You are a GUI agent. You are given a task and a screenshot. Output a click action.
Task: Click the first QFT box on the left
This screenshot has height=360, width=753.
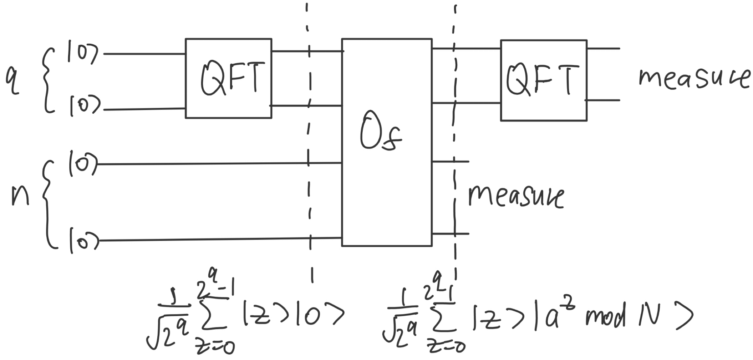(x=229, y=78)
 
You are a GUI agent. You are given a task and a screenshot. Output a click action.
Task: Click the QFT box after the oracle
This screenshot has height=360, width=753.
(x=544, y=81)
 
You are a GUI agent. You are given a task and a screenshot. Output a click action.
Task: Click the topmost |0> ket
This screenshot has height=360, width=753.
(x=83, y=54)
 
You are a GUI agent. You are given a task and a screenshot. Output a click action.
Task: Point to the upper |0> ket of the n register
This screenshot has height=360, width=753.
(x=83, y=164)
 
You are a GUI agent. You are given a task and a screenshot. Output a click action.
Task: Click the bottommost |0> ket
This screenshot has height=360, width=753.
(x=84, y=240)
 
